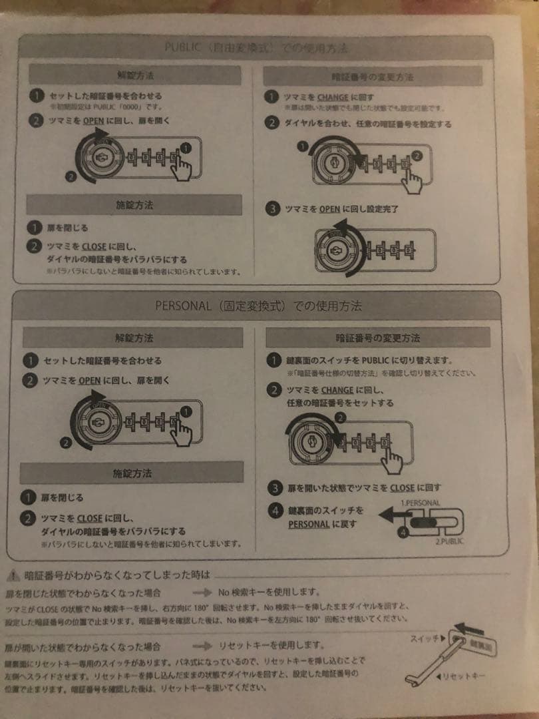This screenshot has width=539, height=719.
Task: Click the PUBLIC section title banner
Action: coord(256,48)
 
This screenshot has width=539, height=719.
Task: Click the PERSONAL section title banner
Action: coord(258,307)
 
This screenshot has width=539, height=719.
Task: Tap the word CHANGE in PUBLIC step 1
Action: coord(332,97)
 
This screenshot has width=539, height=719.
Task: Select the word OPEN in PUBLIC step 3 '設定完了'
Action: coord(329,209)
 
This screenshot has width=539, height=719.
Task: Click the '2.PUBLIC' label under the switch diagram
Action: coord(449,541)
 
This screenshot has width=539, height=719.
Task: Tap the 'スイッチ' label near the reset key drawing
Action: coord(423,638)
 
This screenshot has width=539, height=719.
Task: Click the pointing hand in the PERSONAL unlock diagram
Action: coord(180,431)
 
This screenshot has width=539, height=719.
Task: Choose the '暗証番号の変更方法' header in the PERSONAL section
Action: coord(377,338)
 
